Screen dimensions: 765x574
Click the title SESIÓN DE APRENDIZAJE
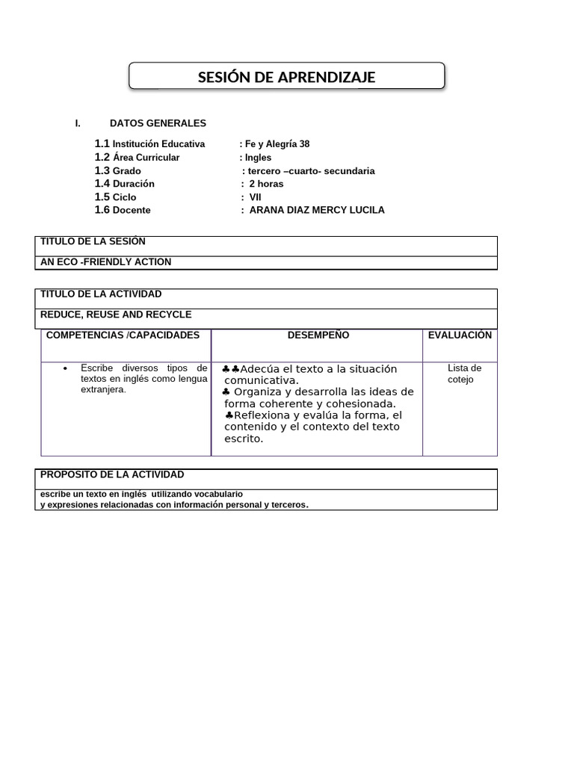point(286,78)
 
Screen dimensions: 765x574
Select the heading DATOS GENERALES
point(158,123)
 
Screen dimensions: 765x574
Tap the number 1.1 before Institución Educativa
point(102,143)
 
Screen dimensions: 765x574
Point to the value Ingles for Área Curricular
point(258,158)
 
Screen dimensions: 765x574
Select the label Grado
point(127,171)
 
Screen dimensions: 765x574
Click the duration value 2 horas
point(266,184)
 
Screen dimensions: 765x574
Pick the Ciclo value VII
point(255,197)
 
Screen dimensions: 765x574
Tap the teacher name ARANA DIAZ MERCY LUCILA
point(316,210)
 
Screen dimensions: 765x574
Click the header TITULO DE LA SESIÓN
point(93,241)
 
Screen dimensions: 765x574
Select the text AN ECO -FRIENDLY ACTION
point(105,262)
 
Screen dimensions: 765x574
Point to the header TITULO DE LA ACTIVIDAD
point(101,294)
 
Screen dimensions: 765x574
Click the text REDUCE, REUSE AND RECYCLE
point(116,315)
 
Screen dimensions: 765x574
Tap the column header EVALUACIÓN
point(460,335)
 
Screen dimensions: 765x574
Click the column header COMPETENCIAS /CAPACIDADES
point(123,335)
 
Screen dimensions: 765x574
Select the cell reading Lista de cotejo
point(464,374)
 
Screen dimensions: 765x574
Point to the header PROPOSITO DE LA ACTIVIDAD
point(112,475)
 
